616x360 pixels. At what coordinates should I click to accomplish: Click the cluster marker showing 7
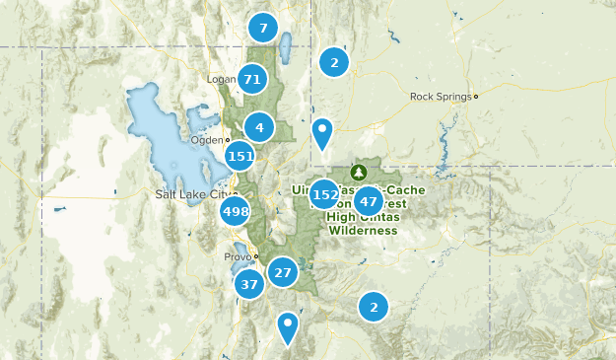tap(262, 28)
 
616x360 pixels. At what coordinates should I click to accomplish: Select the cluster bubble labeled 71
tap(252, 79)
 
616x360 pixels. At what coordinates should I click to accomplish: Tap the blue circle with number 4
tap(259, 127)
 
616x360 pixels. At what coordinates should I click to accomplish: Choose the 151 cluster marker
tap(240, 156)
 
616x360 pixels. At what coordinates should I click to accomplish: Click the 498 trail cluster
tap(236, 211)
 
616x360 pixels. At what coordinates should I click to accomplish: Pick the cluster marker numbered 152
tap(324, 194)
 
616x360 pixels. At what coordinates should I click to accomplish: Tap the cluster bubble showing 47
tap(368, 200)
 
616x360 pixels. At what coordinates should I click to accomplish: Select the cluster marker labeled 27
tap(283, 272)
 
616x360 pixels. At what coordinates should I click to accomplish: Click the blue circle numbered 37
tap(249, 285)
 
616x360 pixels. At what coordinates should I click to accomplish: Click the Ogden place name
tap(207, 140)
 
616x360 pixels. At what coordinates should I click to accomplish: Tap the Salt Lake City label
tap(191, 194)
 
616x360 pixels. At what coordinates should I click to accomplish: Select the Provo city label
tap(237, 256)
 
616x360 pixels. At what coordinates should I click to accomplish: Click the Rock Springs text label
tap(441, 97)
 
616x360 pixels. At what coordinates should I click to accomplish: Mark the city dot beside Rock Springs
tap(476, 97)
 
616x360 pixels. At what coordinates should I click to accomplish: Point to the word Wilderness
tap(363, 230)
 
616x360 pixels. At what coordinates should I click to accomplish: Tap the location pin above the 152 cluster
tap(322, 131)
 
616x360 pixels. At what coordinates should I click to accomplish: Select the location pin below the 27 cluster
tap(288, 325)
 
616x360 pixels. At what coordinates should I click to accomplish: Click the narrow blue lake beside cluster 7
tap(286, 46)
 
